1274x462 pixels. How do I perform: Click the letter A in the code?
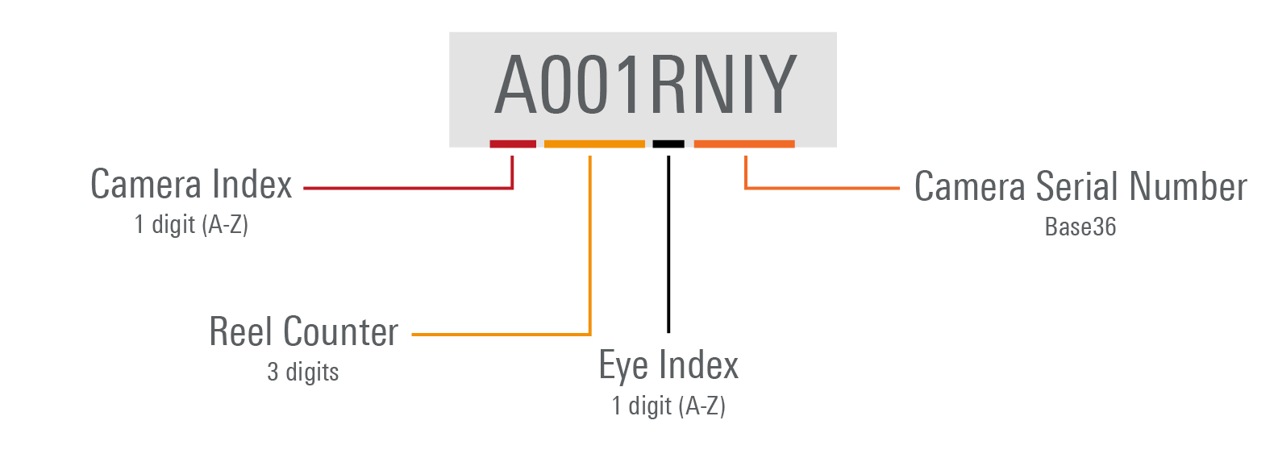coord(515,85)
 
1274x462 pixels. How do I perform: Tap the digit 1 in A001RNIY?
coord(626,85)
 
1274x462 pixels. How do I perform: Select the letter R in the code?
coord(668,85)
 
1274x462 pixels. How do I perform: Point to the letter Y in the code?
coord(777,85)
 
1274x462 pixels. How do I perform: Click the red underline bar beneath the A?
coord(513,144)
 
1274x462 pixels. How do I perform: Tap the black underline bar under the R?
coord(668,144)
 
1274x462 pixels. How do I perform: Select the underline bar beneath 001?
coord(594,144)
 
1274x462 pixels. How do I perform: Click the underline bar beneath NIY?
coord(744,144)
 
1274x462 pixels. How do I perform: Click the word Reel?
coord(239,331)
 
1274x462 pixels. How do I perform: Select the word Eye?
coord(623,366)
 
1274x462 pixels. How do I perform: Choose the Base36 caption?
coord(1080,227)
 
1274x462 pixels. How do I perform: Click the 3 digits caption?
coord(303,372)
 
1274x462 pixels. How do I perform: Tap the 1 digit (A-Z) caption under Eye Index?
coord(668,406)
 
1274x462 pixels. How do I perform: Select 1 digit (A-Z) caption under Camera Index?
coord(191,224)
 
